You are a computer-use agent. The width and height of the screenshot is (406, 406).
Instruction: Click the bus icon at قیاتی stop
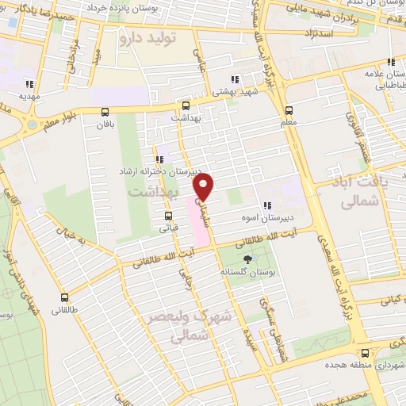pos(168,215)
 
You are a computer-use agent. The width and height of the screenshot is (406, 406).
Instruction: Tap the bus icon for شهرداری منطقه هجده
pos(364,353)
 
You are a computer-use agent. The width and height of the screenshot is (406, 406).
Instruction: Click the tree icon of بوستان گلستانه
pos(250,259)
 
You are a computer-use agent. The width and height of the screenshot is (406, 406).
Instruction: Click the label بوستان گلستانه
pos(250,274)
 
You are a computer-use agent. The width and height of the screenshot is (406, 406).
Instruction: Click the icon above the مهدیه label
pos(30,84)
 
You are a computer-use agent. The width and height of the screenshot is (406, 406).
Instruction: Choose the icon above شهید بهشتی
pos(234,79)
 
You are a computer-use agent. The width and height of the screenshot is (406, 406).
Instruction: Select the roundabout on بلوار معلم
pos(31,124)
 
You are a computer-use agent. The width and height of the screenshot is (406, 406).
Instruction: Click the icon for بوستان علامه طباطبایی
pos(390,63)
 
